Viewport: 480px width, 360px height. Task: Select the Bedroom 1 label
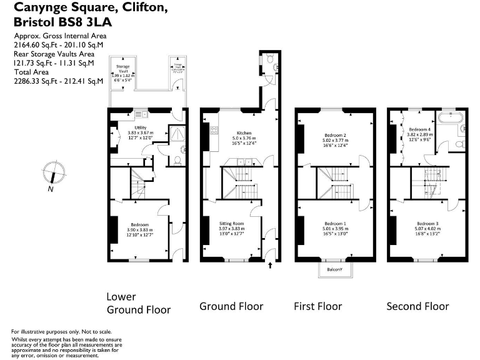coord(335,223)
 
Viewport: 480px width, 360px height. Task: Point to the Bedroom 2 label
coord(335,135)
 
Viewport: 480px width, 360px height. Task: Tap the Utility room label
coord(140,127)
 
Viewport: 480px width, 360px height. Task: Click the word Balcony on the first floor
coord(334,270)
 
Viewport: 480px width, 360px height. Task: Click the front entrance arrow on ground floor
coord(270,266)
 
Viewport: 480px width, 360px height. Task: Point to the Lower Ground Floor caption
coord(138,303)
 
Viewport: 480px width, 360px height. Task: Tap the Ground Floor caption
coord(231,306)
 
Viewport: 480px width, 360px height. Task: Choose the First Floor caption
coord(318,306)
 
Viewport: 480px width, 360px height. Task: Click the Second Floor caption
coord(417,306)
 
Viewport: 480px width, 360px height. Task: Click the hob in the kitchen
coord(214,131)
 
